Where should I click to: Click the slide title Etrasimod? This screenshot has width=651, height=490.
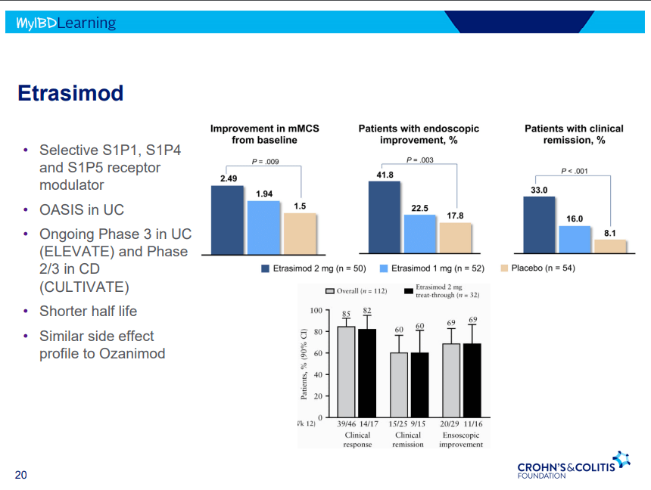click(x=70, y=94)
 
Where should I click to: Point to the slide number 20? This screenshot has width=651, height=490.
click(x=21, y=475)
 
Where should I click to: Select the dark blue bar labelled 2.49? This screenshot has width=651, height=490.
click(x=227, y=217)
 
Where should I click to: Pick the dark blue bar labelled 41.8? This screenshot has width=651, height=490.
click(x=385, y=215)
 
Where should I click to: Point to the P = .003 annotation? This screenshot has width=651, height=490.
click(x=419, y=160)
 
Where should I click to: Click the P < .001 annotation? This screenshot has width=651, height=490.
click(x=574, y=172)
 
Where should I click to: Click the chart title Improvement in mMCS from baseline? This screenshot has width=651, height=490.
click(x=264, y=134)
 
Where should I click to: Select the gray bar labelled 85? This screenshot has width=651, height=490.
click(x=346, y=371)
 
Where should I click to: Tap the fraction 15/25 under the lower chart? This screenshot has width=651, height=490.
click(x=397, y=424)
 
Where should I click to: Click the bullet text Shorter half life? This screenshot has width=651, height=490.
click(x=88, y=311)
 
